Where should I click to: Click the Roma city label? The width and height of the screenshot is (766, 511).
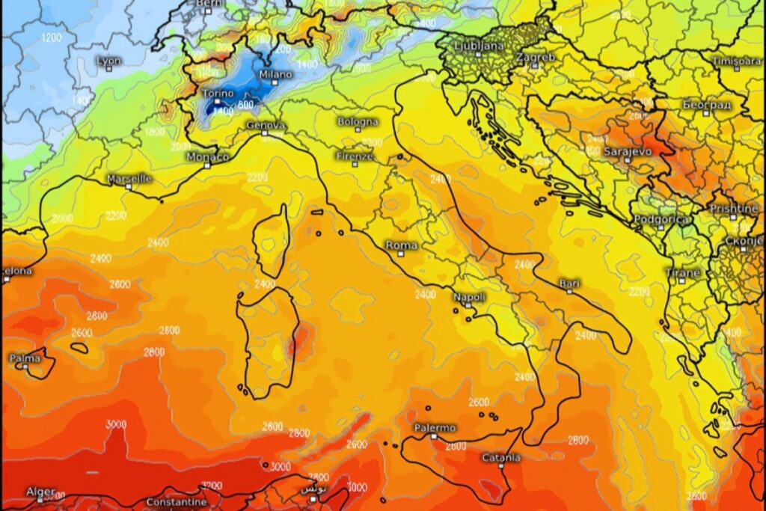pyautogui.click(x=402, y=245)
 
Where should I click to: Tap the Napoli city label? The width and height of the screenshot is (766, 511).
pyautogui.click(x=469, y=297)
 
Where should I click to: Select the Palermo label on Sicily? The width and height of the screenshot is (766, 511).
pyautogui.click(x=435, y=428)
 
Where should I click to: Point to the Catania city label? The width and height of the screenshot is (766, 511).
pyautogui.click(x=500, y=457)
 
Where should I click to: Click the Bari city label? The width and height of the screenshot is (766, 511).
pyautogui.click(x=569, y=283)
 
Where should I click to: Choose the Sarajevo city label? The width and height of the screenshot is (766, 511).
pyautogui.click(x=627, y=151)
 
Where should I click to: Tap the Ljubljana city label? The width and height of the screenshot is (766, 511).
pyautogui.click(x=479, y=46)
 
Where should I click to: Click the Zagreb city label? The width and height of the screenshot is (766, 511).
pyautogui.click(x=535, y=57)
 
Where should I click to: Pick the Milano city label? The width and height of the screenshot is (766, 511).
pyautogui.click(x=276, y=75)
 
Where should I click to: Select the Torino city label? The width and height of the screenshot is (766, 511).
pyautogui.click(x=218, y=94)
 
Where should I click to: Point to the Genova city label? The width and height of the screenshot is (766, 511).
pyautogui.click(x=265, y=124)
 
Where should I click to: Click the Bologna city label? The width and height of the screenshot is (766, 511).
pyautogui.click(x=358, y=121)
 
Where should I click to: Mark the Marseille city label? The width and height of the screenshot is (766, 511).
pyautogui.click(x=129, y=179)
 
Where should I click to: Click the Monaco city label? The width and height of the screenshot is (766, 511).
pyautogui.click(x=207, y=156)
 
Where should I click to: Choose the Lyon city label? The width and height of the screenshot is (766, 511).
pyautogui.click(x=108, y=60)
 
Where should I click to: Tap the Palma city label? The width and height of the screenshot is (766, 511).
pyautogui.click(x=25, y=358)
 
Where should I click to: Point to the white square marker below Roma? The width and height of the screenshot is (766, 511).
pyautogui.click(x=401, y=254)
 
